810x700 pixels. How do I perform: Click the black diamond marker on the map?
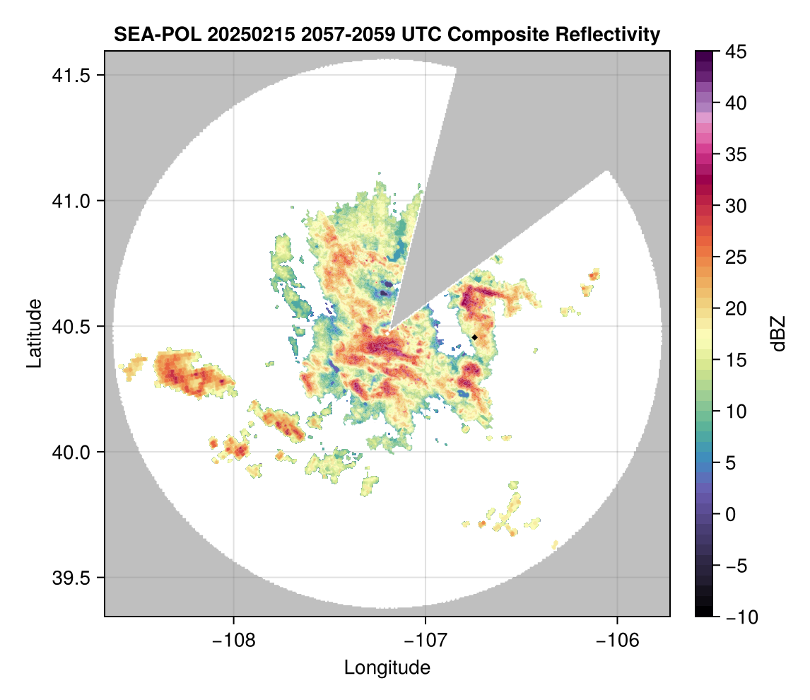pos(474,337)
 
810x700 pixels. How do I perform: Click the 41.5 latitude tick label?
pos(71,76)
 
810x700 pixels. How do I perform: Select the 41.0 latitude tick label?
pos(71,201)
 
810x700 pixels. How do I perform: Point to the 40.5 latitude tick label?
pos(71,327)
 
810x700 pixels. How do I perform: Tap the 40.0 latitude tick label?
pos(71,452)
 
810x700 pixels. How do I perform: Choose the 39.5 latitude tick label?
pos(71,578)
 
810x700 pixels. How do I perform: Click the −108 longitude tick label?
pos(233,641)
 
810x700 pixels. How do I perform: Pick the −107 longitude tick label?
pos(425,641)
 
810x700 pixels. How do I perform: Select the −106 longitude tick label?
pos(618,641)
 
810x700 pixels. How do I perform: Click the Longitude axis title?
pos(387,668)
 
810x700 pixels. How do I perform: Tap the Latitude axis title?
pos(34,333)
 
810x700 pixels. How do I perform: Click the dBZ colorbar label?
pos(778,334)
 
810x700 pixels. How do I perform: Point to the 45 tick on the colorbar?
pos(736,52)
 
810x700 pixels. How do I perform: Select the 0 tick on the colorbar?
pos(730,515)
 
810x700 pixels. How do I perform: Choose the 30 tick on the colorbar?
pos(736,206)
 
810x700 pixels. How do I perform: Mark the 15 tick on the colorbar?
pos(736,360)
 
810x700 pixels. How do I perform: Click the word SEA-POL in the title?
pos(158,35)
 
